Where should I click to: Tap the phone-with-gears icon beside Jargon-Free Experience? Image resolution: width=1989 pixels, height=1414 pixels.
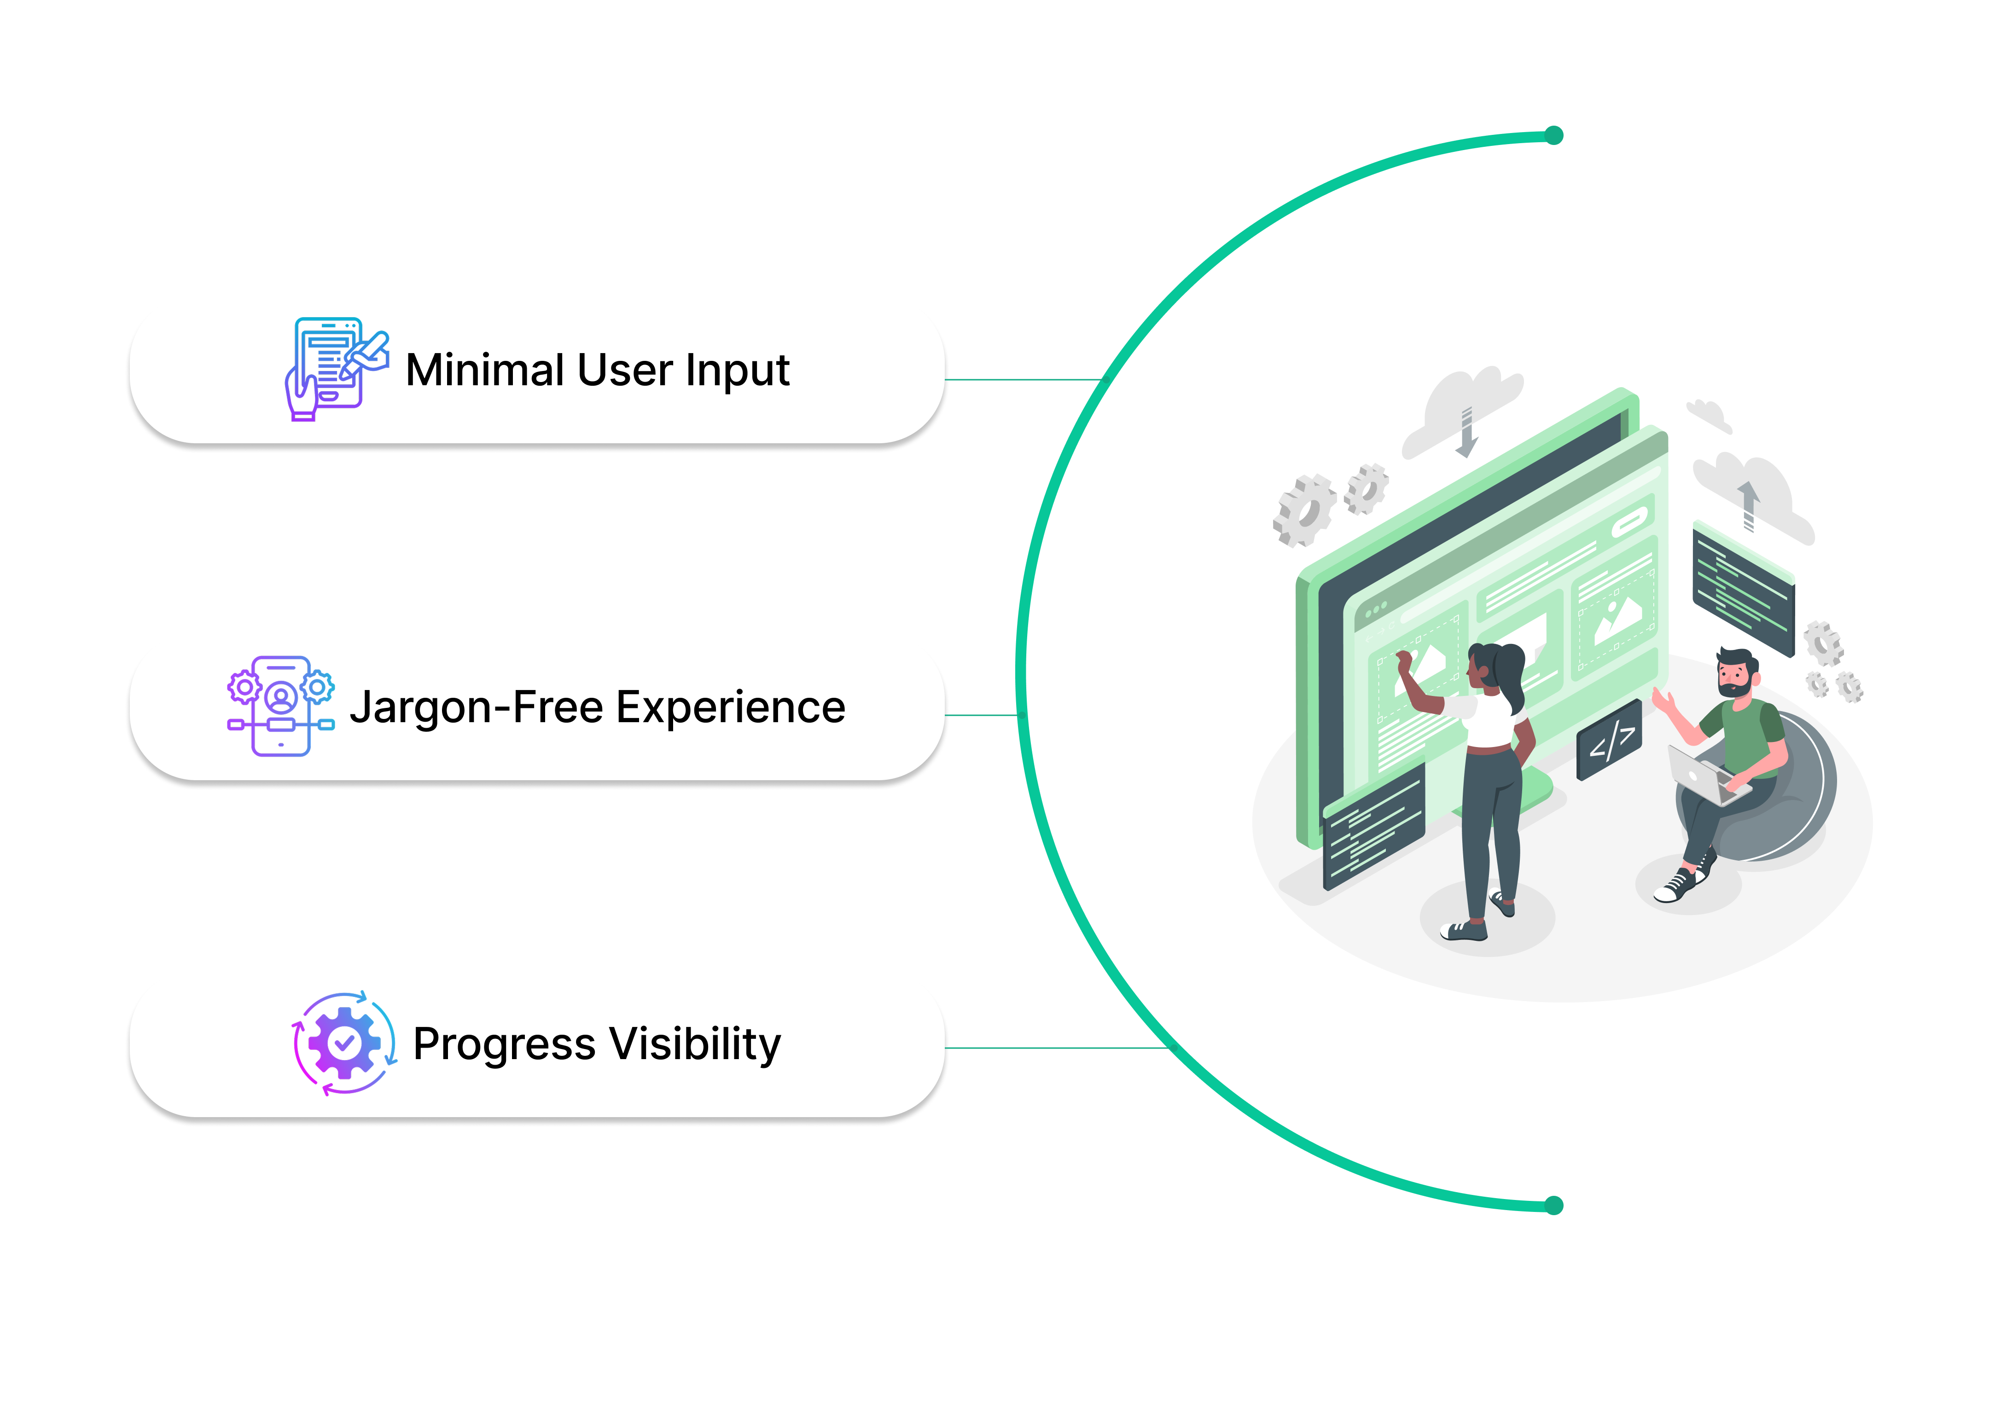click(280, 706)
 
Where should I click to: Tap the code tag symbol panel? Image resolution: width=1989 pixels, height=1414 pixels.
click(1609, 740)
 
